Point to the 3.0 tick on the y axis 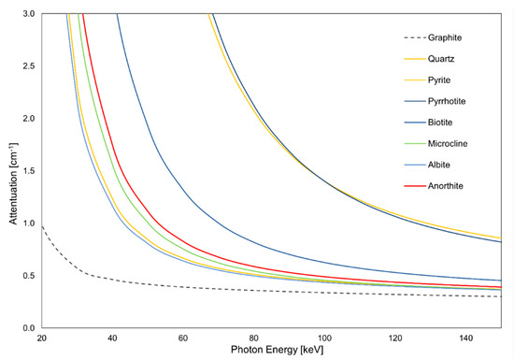click(28, 14)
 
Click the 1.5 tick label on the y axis click(28, 171)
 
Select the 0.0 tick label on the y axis click(28, 328)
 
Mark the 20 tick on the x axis click(40, 338)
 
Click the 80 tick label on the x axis click(253, 338)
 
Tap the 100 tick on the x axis click(324, 338)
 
